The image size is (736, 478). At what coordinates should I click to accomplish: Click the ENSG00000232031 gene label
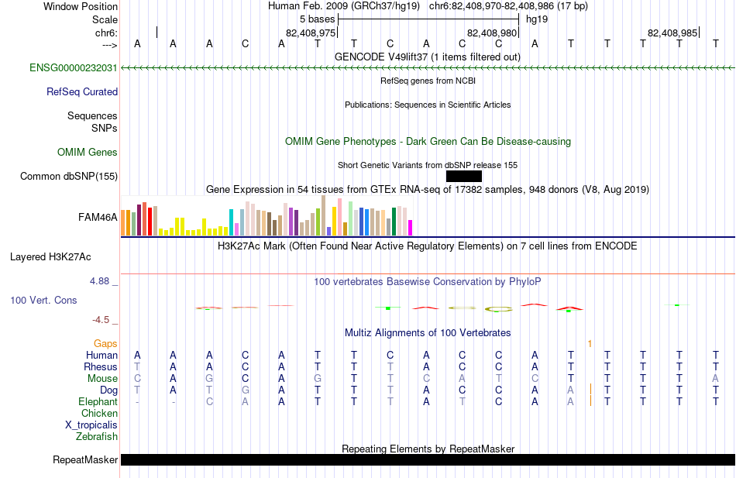pyautogui.click(x=74, y=67)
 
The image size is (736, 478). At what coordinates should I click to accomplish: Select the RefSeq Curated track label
pyautogui.click(x=82, y=91)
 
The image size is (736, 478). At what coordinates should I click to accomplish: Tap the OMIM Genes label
pyautogui.click(x=88, y=152)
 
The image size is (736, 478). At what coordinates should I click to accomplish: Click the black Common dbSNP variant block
pyautogui.click(x=464, y=176)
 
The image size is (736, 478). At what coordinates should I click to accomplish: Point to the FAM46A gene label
pyautogui.click(x=98, y=217)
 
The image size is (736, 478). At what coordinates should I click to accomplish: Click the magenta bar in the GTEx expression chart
pyautogui.click(x=410, y=228)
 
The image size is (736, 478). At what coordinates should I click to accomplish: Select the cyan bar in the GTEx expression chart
pyautogui.click(x=231, y=222)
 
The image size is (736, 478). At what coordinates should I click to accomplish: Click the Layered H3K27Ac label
pyautogui.click(x=50, y=257)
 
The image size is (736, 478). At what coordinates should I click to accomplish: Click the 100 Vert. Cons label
pyautogui.click(x=43, y=300)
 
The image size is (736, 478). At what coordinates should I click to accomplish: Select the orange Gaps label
pyautogui.click(x=105, y=344)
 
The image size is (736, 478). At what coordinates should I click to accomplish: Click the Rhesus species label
pyautogui.click(x=101, y=366)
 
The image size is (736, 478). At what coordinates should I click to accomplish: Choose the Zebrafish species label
pyautogui.click(x=97, y=436)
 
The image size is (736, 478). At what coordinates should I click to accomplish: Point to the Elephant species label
pyautogui.click(x=98, y=401)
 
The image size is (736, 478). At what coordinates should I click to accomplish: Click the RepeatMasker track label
pyautogui.click(x=85, y=459)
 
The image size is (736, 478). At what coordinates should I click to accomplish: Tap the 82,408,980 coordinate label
pyautogui.click(x=491, y=33)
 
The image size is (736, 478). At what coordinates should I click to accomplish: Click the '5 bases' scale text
pyautogui.click(x=318, y=19)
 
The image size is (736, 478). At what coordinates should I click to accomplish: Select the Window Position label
pyautogui.click(x=81, y=6)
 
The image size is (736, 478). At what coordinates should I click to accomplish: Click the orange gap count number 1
pyautogui.click(x=590, y=344)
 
